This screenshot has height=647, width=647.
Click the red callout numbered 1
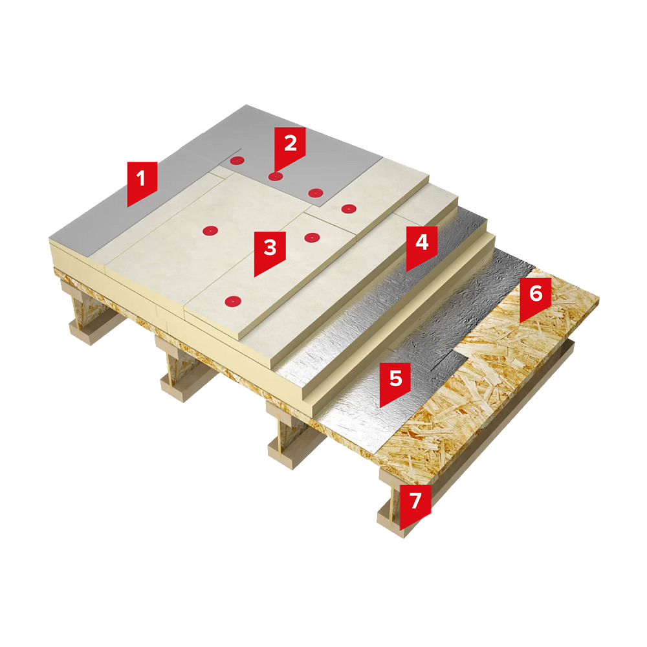(142, 182)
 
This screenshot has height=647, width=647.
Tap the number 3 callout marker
(270, 251)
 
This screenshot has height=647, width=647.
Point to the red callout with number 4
(422, 245)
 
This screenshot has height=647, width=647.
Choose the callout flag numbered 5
(395, 382)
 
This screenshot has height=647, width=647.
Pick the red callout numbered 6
(535, 296)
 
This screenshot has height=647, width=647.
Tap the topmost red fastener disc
(237, 160)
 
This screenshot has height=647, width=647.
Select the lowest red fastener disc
(233, 302)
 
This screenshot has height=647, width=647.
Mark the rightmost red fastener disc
(349, 209)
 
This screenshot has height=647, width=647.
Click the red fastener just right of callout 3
(312, 237)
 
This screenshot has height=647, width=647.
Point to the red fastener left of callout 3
(210, 231)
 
